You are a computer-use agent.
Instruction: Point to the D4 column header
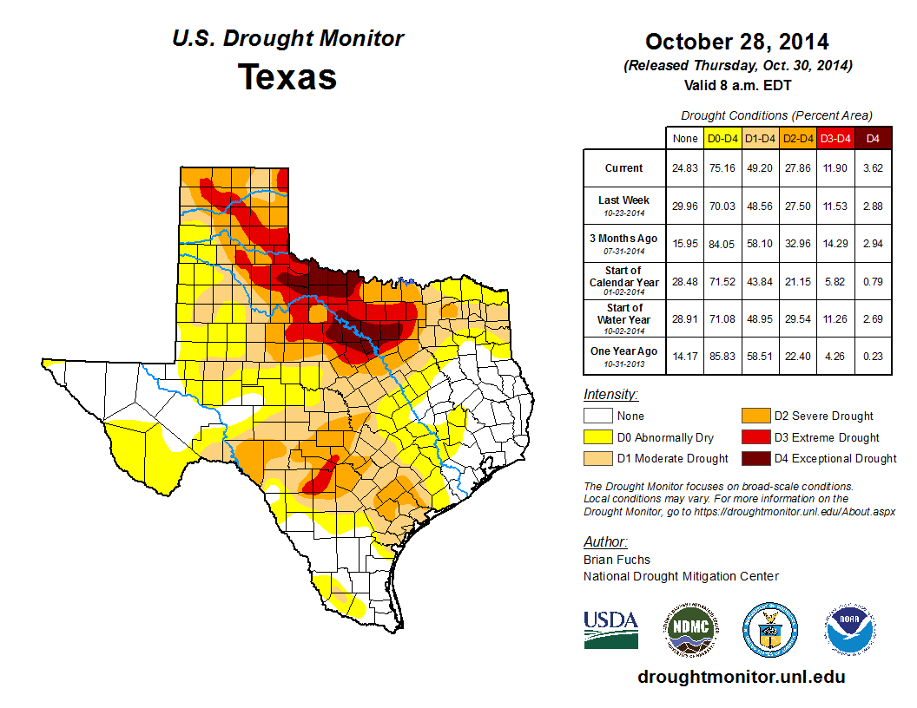click(873, 138)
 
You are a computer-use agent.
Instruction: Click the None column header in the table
click(684, 138)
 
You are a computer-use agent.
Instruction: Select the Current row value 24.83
click(684, 168)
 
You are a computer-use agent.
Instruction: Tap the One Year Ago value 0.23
click(873, 356)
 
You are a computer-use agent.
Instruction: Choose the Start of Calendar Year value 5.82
click(835, 281)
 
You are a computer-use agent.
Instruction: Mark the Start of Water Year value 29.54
click(797, 318)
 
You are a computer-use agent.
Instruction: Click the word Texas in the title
click(287, 76)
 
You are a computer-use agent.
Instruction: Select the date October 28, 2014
click(737, 41)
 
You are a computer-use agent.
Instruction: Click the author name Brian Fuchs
click(617, 560)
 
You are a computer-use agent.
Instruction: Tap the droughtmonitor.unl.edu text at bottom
click(741, 677)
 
